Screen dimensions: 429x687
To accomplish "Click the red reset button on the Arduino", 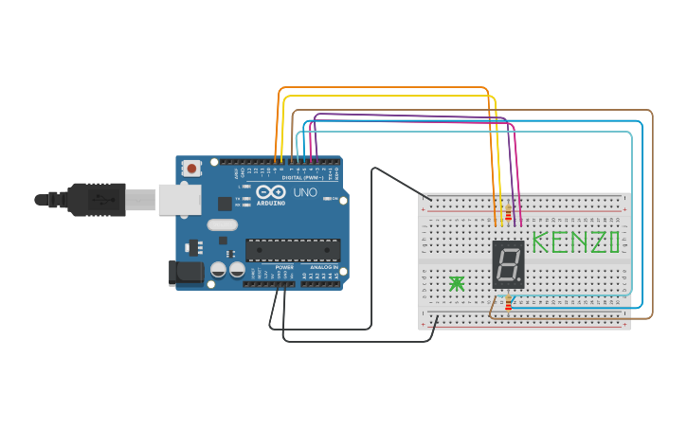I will [x=192, y=169].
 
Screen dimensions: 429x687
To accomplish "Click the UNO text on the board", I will [x=305, y=192].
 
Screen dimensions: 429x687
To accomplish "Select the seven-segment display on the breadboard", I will [x=508, y=264].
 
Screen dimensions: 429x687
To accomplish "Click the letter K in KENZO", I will [x=540, y=242].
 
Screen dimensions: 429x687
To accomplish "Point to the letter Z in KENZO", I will [x=597, y=242].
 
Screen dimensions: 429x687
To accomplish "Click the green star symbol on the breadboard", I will [x=457, y=283].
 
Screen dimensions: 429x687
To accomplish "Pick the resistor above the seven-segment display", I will [x=508, y=212].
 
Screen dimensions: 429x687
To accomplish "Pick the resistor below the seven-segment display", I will [x=509, y=303].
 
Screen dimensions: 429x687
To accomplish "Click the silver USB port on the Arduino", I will [x=179, y=199].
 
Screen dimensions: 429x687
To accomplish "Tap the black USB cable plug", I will [x=96, y=199].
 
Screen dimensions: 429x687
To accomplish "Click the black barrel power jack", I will [x=186, y=273].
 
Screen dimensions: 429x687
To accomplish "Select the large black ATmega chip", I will [x=293, y=250].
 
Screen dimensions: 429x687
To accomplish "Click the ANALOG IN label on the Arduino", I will [x=323, y=268].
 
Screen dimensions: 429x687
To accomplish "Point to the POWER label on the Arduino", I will [x=284, y=268].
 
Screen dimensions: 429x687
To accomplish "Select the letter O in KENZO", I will [x=615, y=242].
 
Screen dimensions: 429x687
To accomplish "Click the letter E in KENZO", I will [x=558, y=242].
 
